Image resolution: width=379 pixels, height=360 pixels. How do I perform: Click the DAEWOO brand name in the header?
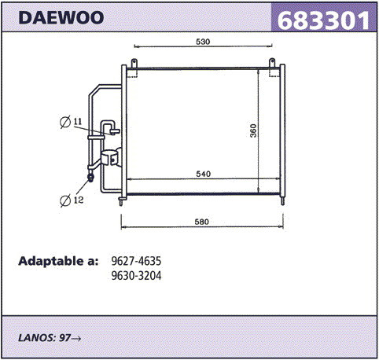[x=61, y=17]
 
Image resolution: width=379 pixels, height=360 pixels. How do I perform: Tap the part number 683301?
[x=323, y=20]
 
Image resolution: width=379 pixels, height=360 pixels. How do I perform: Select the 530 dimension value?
[x=203, y=42]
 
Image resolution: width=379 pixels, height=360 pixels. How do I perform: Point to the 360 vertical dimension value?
[x=253, y=130]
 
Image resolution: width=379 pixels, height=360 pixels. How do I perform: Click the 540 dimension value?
[x=203, y=174]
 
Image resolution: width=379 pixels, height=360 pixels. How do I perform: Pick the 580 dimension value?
[x=201, y=222]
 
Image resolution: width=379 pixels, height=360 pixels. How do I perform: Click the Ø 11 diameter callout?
[x=71, y=122]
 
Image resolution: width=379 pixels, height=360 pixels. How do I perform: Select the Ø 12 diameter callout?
[x=72, y=200]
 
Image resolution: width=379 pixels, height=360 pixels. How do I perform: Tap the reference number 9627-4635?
[x=136, y=261]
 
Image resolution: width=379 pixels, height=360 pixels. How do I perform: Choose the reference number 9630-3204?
[x=136, y=275]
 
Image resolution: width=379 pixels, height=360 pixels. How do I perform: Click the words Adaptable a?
[x=58, y=261]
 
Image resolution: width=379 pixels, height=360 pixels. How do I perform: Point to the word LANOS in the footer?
[x=36, y=338]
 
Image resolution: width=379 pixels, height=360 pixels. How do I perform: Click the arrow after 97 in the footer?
[x=76, y=339]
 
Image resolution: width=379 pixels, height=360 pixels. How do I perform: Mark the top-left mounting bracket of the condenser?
[x=134, y=63]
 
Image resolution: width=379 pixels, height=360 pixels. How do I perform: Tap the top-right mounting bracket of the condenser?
[x=272, y=63]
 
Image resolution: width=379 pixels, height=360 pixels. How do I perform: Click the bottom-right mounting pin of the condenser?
[x=282, y=201]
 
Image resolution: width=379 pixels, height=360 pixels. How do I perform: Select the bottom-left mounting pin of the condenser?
[x=121, y=201]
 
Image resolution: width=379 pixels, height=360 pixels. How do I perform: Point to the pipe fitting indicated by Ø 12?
[x=90, y=178]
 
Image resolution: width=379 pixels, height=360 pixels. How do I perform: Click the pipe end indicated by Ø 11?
[x=115, y=131]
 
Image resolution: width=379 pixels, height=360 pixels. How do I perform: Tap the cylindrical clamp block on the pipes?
[x=112, y=158]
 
